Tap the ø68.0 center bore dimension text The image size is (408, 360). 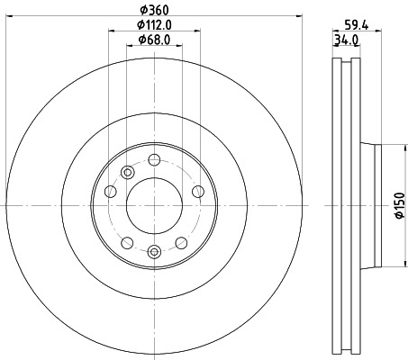click(154, 40)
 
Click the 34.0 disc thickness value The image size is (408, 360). click(347, 40)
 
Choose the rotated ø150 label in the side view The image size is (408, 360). click(397, 206)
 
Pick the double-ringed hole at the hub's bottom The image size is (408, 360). click(154, 251)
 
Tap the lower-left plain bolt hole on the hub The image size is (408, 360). click(127, 242)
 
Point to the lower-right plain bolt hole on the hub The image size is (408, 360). click(181, 242)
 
